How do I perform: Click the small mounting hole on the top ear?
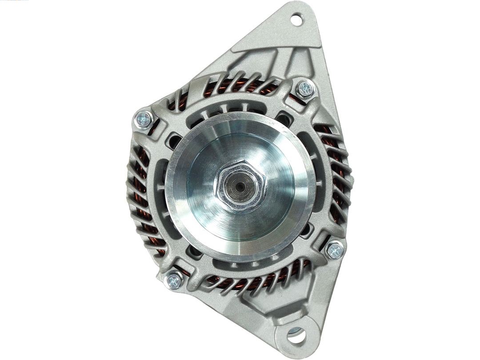(x=296, y=19)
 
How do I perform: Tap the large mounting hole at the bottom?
(x=296, y=335)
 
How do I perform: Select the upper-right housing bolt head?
(x=305, y=89)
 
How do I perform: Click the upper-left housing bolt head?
(x=144, y=119)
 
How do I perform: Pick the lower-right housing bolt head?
(x=334, y=251)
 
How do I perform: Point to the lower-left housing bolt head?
(x=174, y=280)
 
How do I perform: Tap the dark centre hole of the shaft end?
(x=240, y=186)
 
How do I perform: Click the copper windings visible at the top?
(x=240, y=85)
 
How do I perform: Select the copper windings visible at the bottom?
(x=249, y=281)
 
